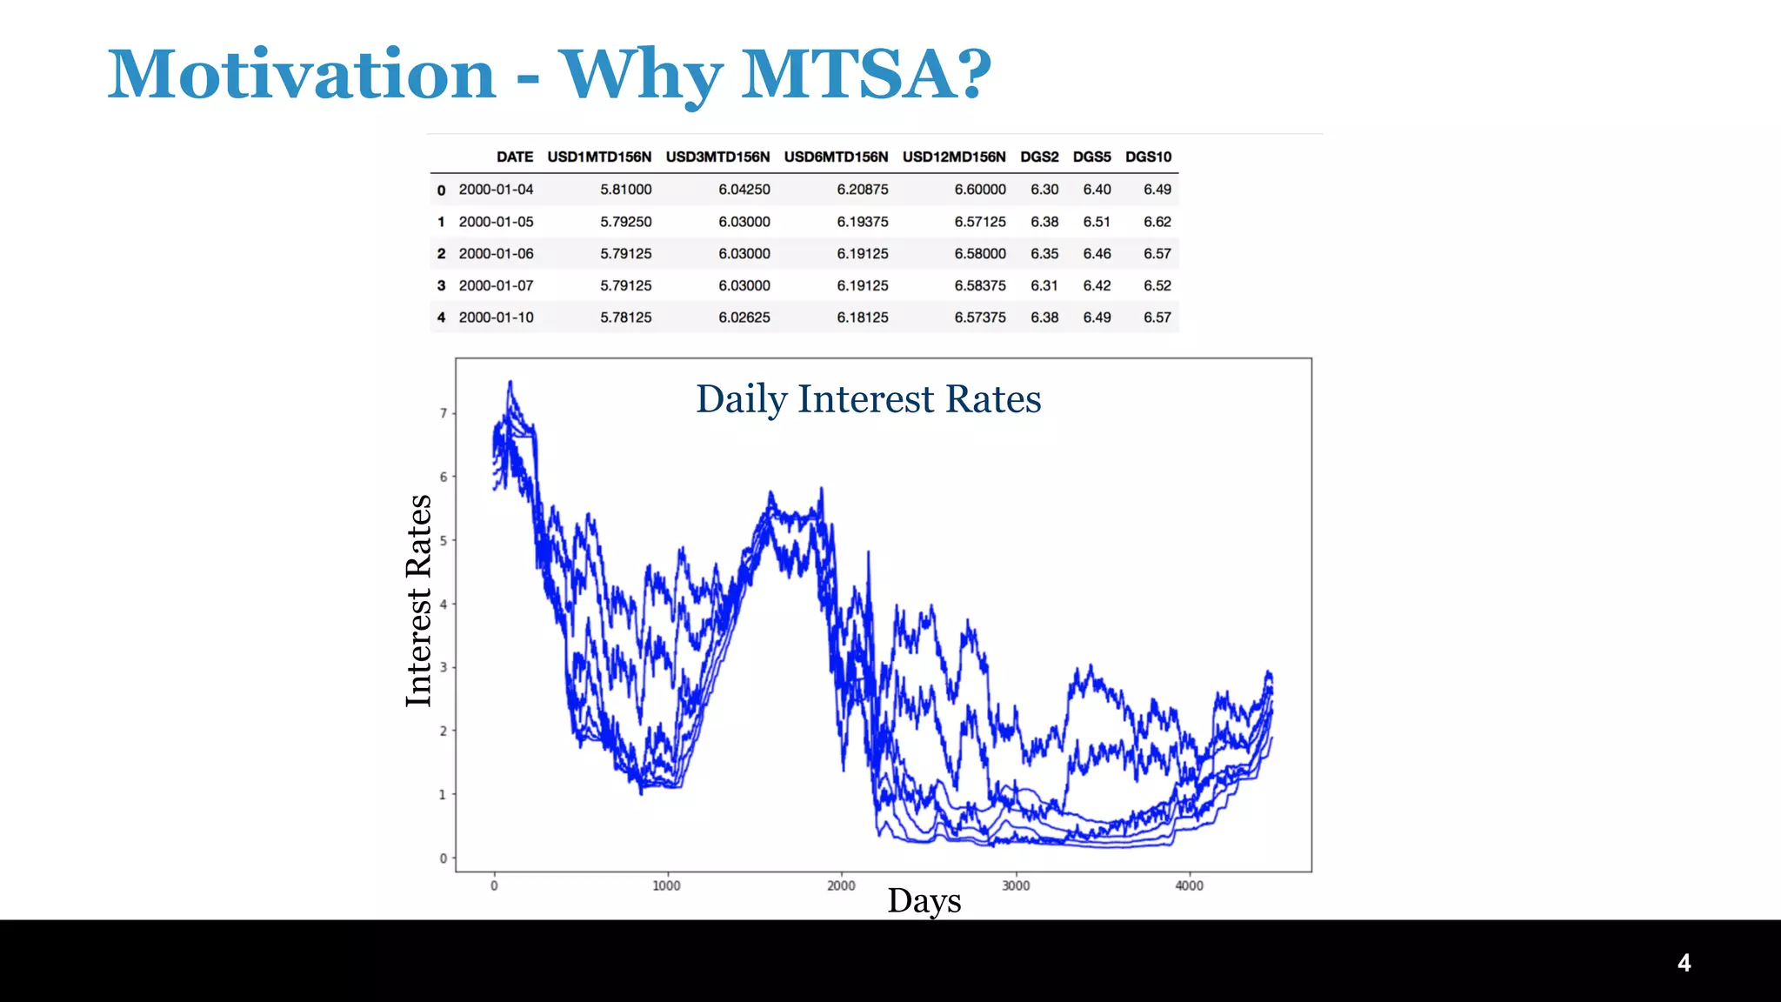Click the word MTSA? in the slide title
pyautogui.click(x=865, y=74)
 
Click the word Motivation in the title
pyautogui.click(x=302, y=74)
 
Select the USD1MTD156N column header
pyautogui.click(x=599, y=157)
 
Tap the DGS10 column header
pyautogui.click(x=1148, y=157)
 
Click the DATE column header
pyautogui.click(x=515, y=157)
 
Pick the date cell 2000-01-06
pyautogui.click(x=496, y=254)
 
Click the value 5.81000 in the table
pyautogui.click(x=625, y=190)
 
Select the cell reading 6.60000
pyautogui.click(x=980, y=190)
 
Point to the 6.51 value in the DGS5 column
pyautogui.click(x=1097, y=222)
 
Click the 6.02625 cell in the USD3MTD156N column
pyautogui.click(x=744, y=317)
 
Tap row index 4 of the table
pyautogui.click(x=441, y=317)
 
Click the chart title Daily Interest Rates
pyautogui.click(x=868, y=399)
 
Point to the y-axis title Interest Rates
pyautogui.click(x=418, y=600)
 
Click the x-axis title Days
pyautogui.click(x=924, y=900)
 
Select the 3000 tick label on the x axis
pyautogui.click(x=1016, y=885)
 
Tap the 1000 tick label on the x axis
pyautogui.click(x=666, y=885)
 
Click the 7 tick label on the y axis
pyautogui.click(x=443, y=413)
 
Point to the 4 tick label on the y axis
pyautogui.click(x=443, y=604)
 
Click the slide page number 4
pyautogui.click(x=1684, y=963)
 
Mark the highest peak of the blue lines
pyautogui.click(x=510, y=382)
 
